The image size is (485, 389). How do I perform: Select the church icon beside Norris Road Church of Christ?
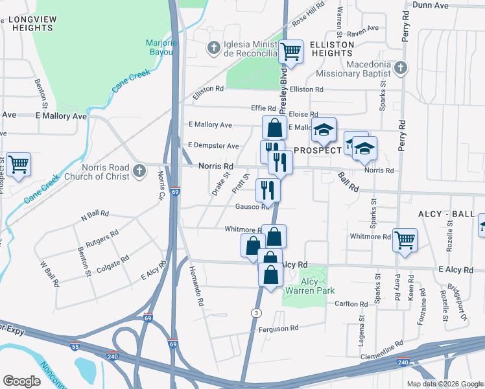(138, 171)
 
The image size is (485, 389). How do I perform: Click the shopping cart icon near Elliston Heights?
(291, 51)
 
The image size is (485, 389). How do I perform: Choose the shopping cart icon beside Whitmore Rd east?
(405, 240)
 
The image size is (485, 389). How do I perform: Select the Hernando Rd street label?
(196, 286)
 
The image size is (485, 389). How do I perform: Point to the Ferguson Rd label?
(278, 328)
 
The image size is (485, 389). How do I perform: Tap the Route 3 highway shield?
(257, 313)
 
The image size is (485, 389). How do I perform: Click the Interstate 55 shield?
(75, 346)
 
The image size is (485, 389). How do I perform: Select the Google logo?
(21, 381)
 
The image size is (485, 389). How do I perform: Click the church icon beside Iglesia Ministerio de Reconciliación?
(213, 47)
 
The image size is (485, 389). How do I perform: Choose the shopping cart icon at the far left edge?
(18, 164)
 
